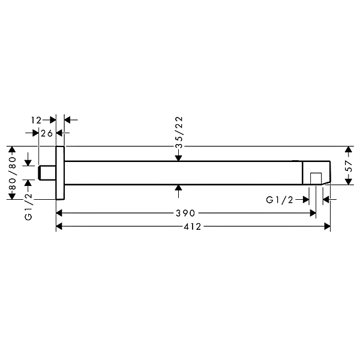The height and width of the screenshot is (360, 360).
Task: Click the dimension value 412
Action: coord(192,227)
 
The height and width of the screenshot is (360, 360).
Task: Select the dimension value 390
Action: coord(185,213)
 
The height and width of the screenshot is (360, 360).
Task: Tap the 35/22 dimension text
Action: coord(179,132)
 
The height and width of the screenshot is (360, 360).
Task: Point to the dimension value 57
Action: coord(349,166)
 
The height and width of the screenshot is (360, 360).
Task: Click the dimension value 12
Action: coord(36,120)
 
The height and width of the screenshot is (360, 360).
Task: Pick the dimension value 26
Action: coord(47,133)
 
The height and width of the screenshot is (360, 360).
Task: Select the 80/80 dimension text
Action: coord(13,173)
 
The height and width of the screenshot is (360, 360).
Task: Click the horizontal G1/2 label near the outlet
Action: coord(280,200)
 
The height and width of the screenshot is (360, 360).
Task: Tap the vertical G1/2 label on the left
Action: coord(28,206)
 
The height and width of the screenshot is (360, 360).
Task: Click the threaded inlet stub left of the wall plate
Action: coord(47,173)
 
